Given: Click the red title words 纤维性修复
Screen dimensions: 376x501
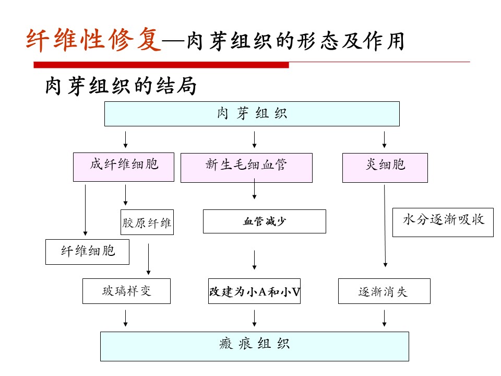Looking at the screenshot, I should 94,40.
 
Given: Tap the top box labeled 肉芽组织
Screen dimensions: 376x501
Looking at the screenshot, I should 252,114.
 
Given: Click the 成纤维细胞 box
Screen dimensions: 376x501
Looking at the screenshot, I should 124,167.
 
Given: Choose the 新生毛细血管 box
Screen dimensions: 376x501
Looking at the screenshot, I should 246,168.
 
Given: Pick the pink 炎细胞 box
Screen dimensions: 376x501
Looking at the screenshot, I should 385,168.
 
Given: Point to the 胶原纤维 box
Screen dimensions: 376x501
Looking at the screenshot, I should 147,223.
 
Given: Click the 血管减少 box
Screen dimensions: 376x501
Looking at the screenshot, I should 264,221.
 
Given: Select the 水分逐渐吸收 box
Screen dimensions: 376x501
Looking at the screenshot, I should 443,222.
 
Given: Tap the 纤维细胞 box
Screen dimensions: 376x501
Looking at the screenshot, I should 87,252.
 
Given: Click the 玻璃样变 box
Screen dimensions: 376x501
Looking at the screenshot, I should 126,291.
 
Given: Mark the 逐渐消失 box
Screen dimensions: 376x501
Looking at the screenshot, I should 384,291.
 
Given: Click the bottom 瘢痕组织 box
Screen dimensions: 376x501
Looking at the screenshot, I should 254,346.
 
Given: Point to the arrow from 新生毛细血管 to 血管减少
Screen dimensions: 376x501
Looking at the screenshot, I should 255,190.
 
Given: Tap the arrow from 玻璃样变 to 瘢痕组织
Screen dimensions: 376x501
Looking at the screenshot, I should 126,318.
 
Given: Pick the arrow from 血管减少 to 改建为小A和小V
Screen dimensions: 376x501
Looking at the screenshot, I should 255,261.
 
